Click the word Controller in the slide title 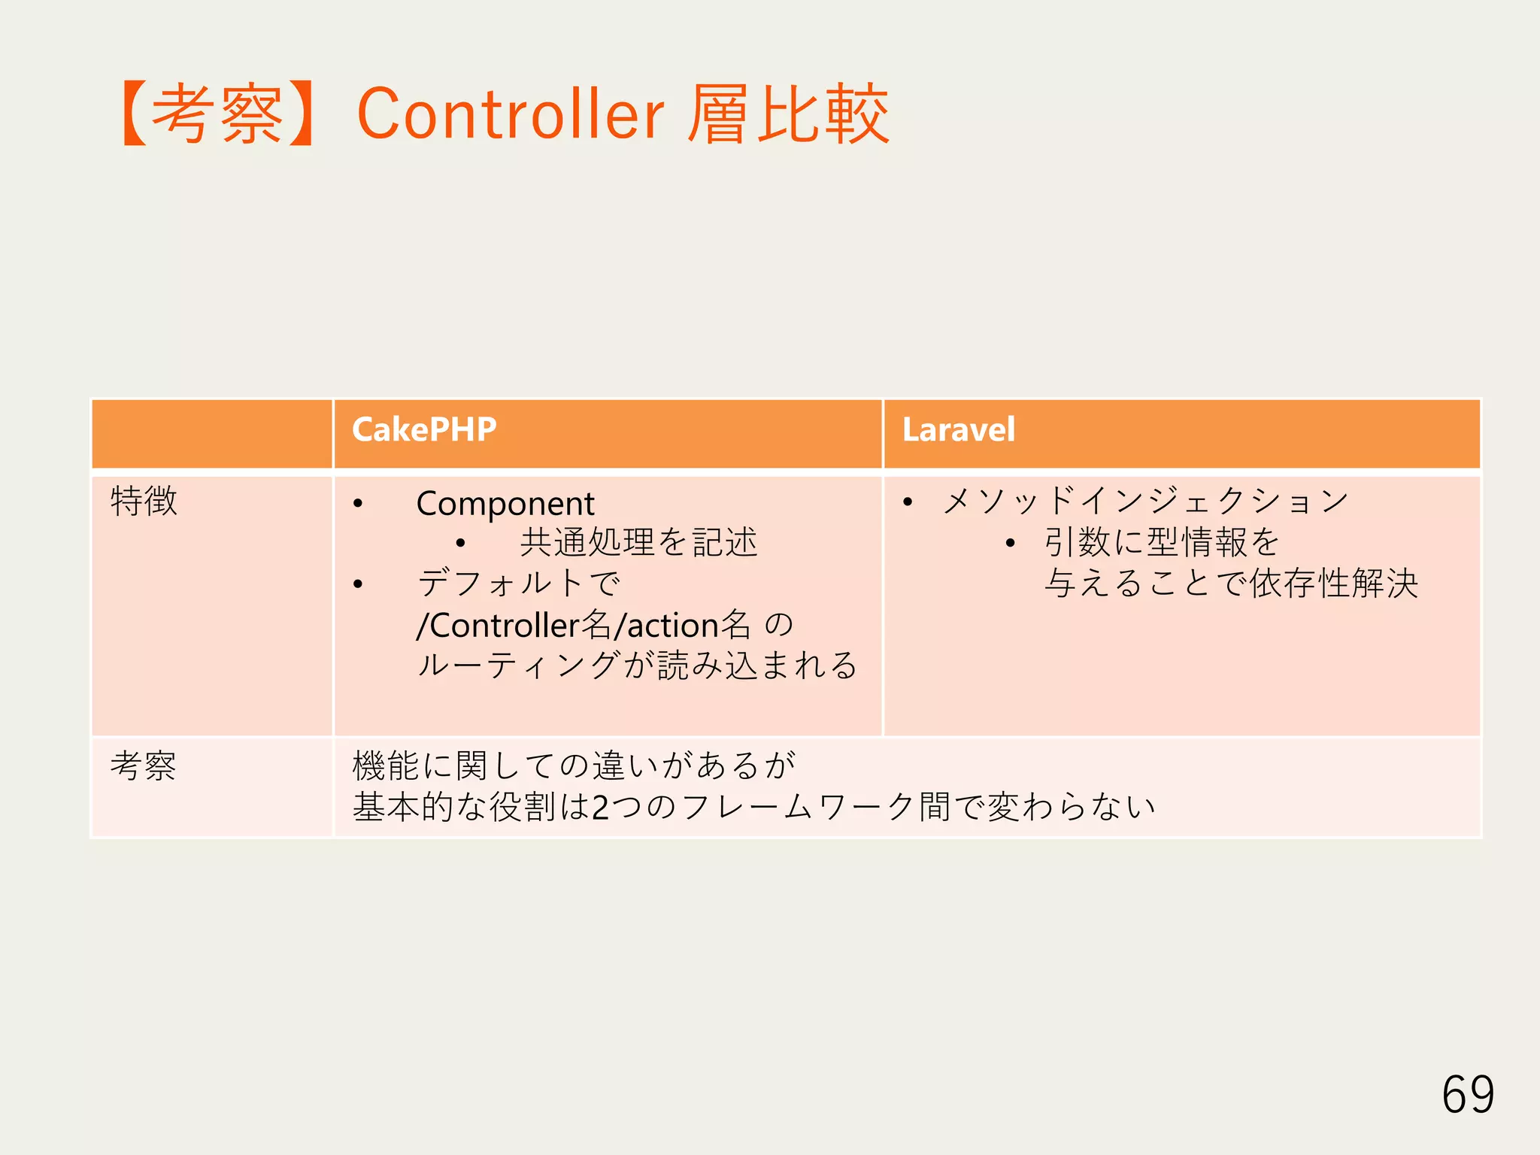(511, 114)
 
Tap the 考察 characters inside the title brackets (217, 114)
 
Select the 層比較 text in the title (788, 114)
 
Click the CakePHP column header (424, 430)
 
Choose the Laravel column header (958, 430)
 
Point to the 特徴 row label (144, 501)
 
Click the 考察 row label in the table (143, 766)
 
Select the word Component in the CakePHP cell (505, 504)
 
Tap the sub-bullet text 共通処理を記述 (638, 542)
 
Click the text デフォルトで (519, 584)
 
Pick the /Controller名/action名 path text (584, 625)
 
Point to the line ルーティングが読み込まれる (637, 665)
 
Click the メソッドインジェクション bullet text (1145, 501)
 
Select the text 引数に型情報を (1162, 542)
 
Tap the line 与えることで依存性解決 (1231, 584)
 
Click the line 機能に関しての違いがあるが (574, 766)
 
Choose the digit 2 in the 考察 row (600, 808)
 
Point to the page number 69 (1467, 1094)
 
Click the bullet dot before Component (358, 504)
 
